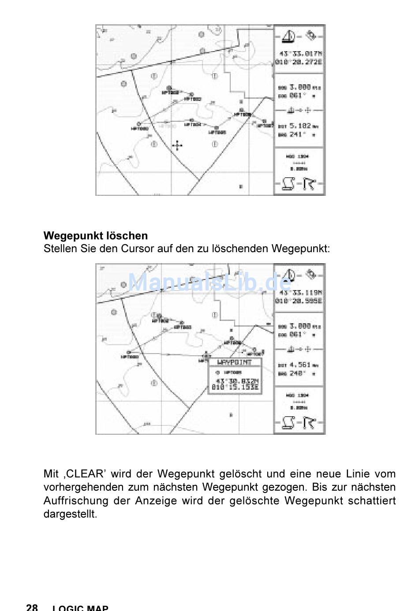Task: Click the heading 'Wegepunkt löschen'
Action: (x=95, y=236)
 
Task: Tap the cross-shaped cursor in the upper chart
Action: (x=177, y=145)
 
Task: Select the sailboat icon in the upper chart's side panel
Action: (x=289, y=36)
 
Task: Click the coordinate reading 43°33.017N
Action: (x=300, y=54)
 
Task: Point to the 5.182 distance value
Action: (x=300, y=126)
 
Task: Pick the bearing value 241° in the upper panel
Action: (x=296, y=134)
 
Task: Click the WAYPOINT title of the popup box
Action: (x=235, y=362)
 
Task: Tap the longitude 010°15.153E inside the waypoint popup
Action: (x=235, y=387)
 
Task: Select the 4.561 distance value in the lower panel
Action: (x=300, y=365)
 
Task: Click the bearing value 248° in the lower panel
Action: (x=296, y=373)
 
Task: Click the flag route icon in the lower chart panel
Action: (x=310, y=423)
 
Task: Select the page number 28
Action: (x=32, y=607)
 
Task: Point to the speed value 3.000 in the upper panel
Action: (x=300, y=87)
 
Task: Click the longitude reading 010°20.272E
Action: (x=299, y=62)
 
